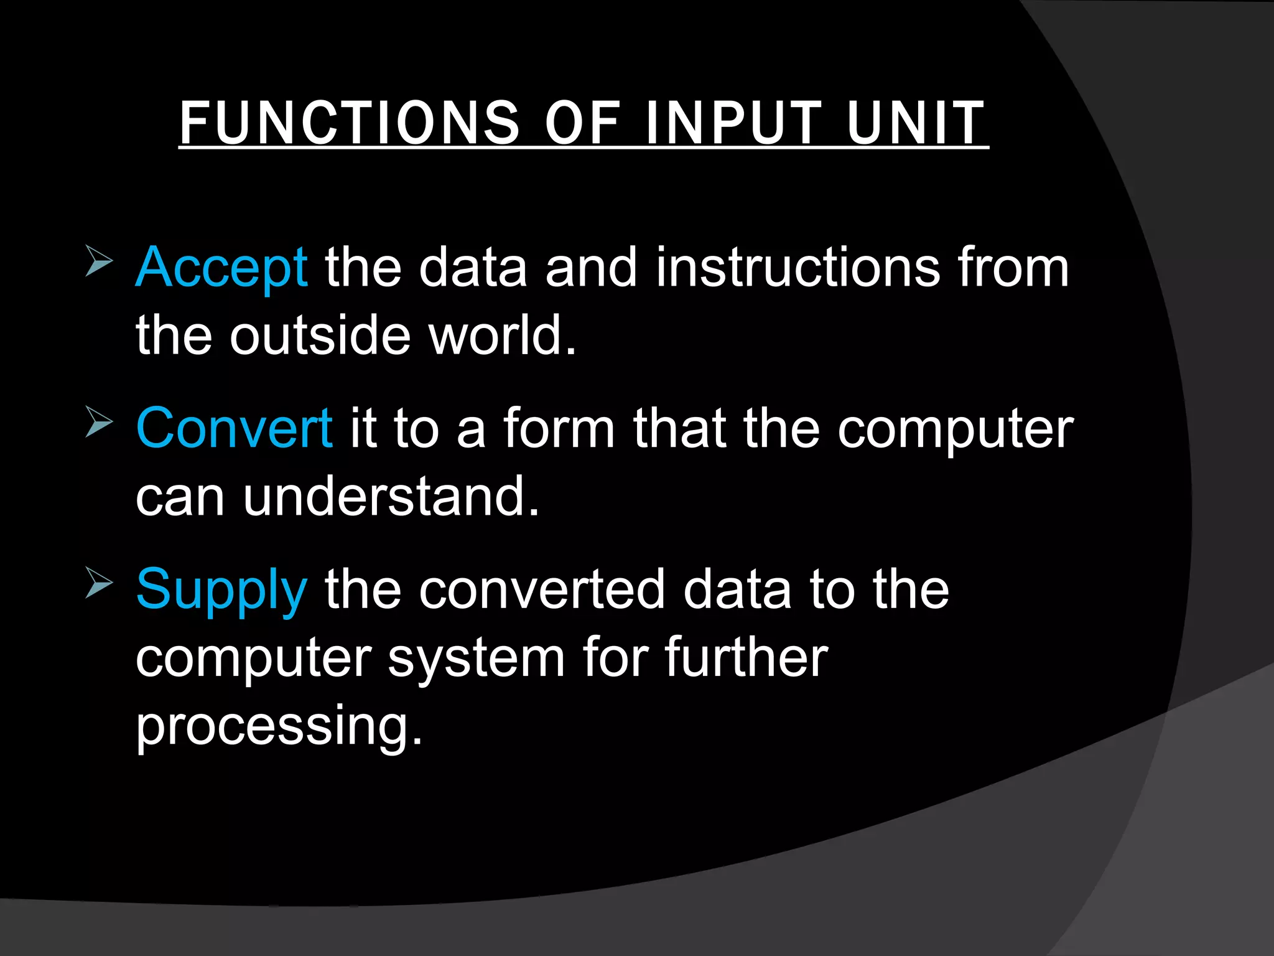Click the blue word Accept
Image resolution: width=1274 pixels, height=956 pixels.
pyautogui.click(x=221, y=268)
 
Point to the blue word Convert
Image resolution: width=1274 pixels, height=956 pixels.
pyautogui.click(x=234, y=428)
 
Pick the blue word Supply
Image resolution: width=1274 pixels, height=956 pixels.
pyautogui.click(x=221, y=590)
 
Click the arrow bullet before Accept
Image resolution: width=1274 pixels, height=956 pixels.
pyautogui.click(x=99, y=261)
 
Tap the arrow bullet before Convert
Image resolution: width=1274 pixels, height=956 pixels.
pyautogui.click(x=99, y=421)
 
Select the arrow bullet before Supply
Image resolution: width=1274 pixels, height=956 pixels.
pyautogui.click(x=99, y=583)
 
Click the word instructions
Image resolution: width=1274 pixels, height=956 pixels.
pyautogui.click(x=797, y=268)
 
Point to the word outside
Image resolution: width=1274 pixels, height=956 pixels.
pyautogui.click(x=320, y=335)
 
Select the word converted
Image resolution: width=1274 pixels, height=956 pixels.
pyautogui.click(x=542, y=590)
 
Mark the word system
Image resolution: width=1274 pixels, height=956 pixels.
pyautogui.click(x=476, y=658)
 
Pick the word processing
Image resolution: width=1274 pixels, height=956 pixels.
pyautogui.click(x=279, y=726)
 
